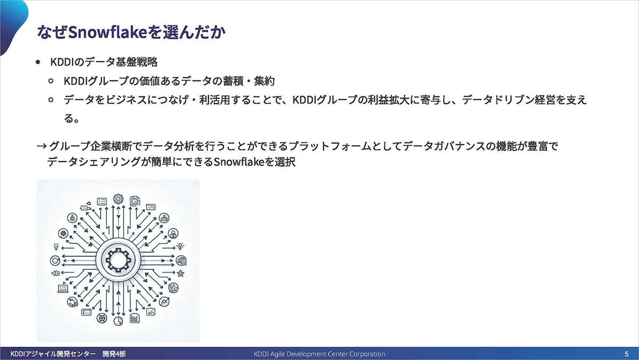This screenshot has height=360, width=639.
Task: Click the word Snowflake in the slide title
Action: pos(108,32)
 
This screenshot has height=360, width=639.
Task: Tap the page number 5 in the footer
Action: pos(626,354)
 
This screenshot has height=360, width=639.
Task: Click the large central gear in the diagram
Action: pos(118,260)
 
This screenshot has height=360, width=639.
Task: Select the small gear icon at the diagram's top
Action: pos(118,199)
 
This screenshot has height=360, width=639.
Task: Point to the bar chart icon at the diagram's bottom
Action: pos(135,318)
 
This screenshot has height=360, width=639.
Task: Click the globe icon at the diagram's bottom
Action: pos(102,317)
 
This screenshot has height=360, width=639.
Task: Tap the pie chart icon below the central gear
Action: pos(118,321)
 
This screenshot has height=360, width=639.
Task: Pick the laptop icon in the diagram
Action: pos(63,289)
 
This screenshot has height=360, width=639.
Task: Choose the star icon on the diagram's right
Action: pos(181,273)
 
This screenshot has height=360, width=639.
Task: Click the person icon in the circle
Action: pos(173,234)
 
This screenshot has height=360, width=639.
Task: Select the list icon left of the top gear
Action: pos(102,202)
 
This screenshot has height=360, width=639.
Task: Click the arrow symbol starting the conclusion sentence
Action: pos(42,146)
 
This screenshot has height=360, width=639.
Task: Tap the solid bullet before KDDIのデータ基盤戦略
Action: pos(38,62)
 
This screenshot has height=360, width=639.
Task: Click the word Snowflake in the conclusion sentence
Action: pos(239,162)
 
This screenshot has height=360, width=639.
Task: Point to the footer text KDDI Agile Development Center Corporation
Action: pos(319,354)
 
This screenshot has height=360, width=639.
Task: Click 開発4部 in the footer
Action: pos(114,354)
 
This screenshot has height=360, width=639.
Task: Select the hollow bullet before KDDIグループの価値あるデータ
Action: pos(51,81)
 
